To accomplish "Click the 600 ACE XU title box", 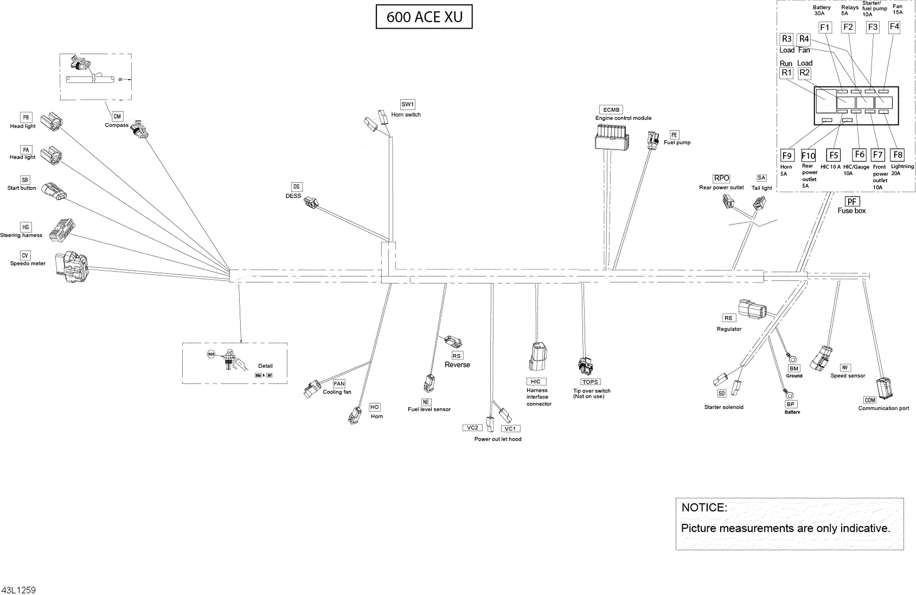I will [424, 16].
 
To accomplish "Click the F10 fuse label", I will [808, 155].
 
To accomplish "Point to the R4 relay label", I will [804, 39].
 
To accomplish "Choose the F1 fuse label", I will [824, 27].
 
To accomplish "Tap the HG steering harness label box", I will [25, 227].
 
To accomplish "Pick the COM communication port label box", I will [870, 400].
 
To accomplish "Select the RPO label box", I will [721, 178].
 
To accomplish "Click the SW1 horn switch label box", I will [407, 104].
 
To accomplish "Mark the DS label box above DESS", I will [296, 187].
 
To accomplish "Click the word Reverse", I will [457, 364].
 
